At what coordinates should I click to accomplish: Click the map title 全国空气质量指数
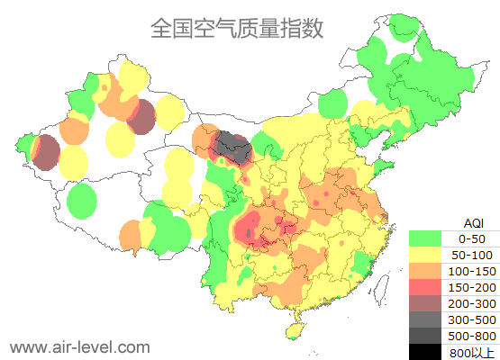[236, 28]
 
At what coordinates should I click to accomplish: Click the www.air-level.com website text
[79, 346]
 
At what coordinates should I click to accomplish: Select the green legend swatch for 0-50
[424, 238]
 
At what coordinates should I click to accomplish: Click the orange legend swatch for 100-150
[424, 271]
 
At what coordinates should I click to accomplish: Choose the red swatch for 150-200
[424, 287]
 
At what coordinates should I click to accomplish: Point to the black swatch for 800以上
[424, 352]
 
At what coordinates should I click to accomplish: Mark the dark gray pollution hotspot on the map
[232, 145]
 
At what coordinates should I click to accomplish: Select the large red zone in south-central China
[261, 229]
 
